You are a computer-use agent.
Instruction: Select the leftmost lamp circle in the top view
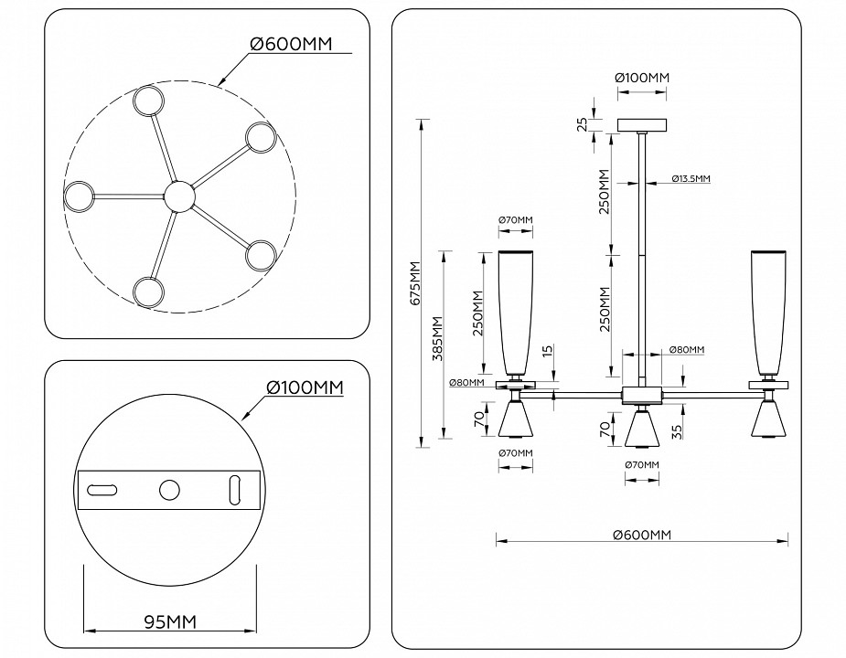coord(79,195)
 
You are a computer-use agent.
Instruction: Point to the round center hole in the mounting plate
coord(169,490)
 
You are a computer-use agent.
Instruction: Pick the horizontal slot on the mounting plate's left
coord(102,490)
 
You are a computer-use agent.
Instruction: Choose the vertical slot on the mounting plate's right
coord(234,490)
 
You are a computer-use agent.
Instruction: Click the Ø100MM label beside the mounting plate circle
coord(305,387)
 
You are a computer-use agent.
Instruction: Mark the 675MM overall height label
coord(414,283)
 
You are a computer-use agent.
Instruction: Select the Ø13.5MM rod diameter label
coord(690,178)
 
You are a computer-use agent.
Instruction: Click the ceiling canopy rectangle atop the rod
coord(644,125)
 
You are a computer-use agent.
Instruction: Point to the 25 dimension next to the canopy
coord(582,124)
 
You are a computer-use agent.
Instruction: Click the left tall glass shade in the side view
coord(515,311)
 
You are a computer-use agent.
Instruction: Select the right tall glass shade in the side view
coord(768,311)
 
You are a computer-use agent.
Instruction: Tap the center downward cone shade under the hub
coord(644,428)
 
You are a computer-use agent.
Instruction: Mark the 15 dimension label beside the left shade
coord(546,352)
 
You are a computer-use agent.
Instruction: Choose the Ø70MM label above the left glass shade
coord(515,220)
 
